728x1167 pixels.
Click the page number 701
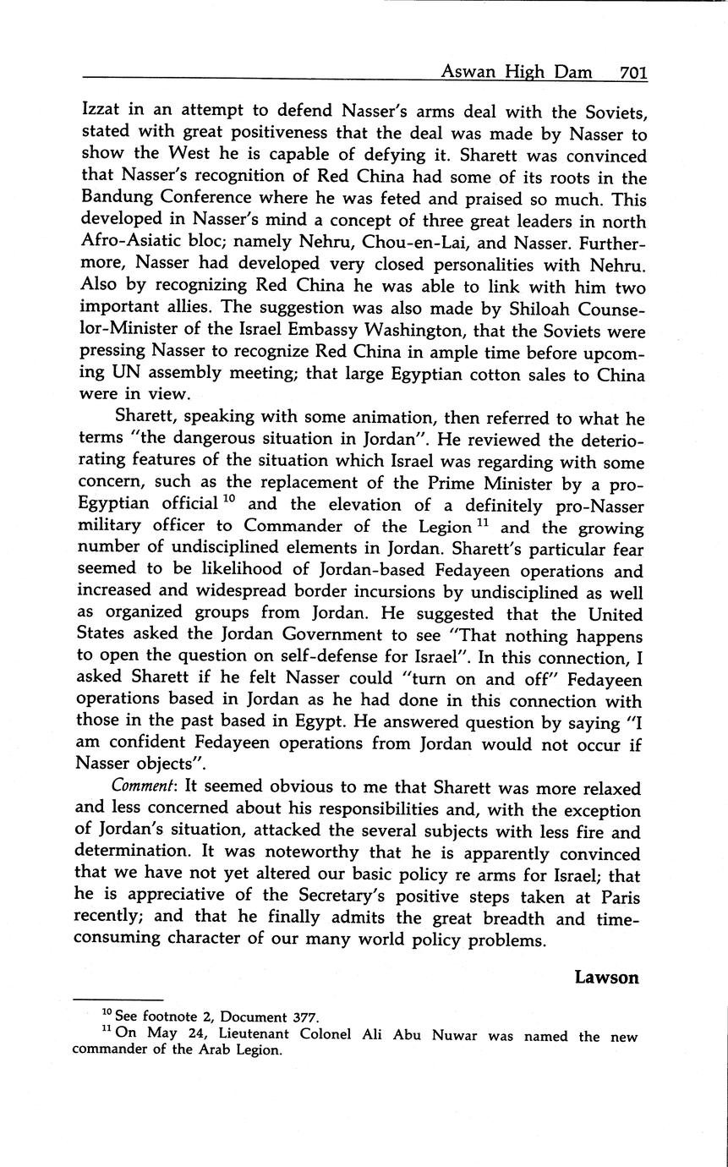pyautogui.click(x=632, y=74)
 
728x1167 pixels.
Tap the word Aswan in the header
pyautogui.click(x=466, y=74)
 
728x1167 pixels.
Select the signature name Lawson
pyautogui.click(x=606, y=978)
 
